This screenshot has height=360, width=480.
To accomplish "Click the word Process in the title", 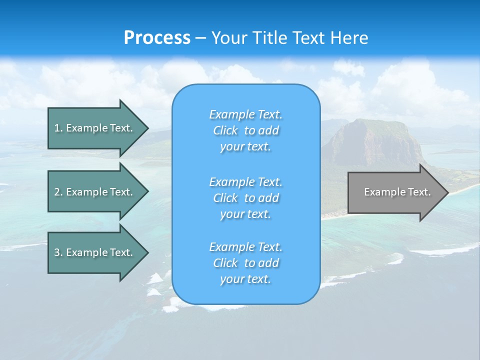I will pyautogui.click(x=157, y=38).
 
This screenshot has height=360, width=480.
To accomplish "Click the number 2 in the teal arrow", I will pyautogui.click(x=57, y=192).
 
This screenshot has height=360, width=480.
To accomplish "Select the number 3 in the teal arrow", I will pyautogui.click(x=57, y=252).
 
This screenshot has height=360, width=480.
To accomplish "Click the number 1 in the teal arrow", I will pyautogui.click(x=57, y=128).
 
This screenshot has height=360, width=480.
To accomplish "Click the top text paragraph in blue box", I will pyautogui.click(x=245, y=130).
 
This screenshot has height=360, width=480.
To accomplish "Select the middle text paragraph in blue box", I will pyautogui.click(x=245, y=198).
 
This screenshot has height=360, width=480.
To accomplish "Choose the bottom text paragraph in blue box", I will pyautogui.click(x=245, y=263).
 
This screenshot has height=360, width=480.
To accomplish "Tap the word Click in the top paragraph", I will pyautogui.click(x=225, y=130).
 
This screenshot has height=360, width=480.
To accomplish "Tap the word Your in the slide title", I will pyautogui.click(x=227, y=38).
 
